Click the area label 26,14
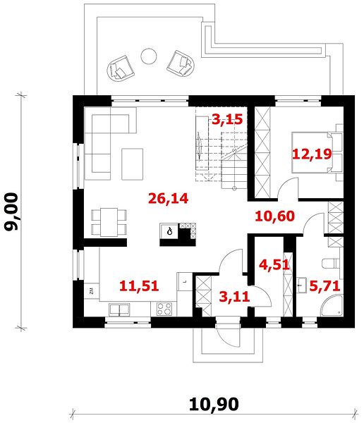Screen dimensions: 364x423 point(168,199)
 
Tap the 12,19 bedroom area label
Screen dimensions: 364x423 point(313,154)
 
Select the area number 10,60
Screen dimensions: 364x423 point(275,216)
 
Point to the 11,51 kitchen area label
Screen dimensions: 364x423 point(139,286)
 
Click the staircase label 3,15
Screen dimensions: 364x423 point(227,119)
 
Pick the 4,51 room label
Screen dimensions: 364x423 point(274,264)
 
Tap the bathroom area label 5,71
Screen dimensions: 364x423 point(324,286)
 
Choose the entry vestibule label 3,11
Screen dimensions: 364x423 point(234,297)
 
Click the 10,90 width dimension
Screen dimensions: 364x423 point(214,404)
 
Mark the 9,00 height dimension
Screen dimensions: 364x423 point(11,211)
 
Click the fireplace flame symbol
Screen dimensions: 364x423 point(169,231)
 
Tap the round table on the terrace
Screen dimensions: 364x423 point(149,56)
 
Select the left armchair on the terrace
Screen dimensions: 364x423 point(120,68)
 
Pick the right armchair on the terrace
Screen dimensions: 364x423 point(181,63)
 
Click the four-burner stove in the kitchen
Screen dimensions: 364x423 point(164,309)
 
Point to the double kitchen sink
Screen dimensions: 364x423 point(119,309)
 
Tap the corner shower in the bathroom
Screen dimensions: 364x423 point(332,305)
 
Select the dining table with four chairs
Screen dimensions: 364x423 point(109,222)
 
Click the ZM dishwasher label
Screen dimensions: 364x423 point(92,291)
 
